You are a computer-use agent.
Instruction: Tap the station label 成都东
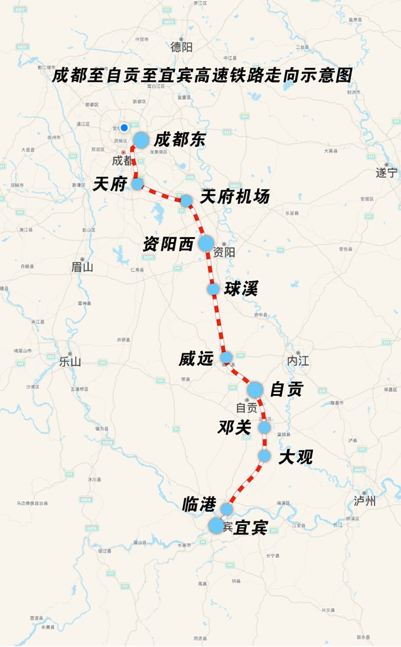point(180,139)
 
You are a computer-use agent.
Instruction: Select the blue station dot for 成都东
point(141,140)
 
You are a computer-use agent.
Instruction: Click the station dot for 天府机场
point(186,201)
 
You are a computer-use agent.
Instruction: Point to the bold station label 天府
point(110,184)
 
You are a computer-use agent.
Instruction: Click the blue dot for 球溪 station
point(213,289)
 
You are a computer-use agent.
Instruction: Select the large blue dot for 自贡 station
point(254,390)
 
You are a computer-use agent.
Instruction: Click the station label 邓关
point(234,427)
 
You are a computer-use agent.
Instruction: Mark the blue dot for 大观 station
point(264,456)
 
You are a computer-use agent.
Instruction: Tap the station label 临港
point(199,503)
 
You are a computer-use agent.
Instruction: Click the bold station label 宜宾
point(250,528)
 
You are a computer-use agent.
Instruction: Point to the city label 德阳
point(182,46)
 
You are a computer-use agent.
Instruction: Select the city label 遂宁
point(386,172)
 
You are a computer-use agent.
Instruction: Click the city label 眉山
point(82,267)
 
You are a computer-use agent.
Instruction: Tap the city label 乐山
point(70,361)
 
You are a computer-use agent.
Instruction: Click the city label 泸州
point(365,500)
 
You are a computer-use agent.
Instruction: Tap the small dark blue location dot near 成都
point(124,127)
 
